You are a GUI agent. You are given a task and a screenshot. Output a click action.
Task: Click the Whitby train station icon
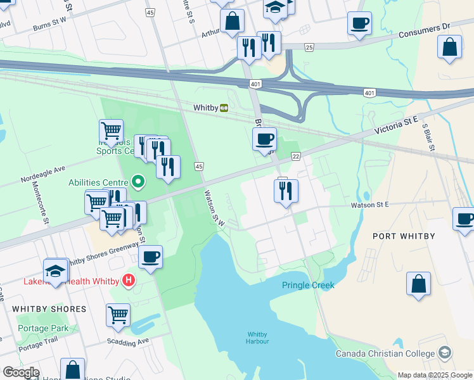(x=224, y=108)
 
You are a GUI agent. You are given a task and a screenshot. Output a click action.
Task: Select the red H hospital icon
(x=129, y=280)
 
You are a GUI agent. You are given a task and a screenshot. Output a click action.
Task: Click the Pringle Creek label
(x=308, y=286)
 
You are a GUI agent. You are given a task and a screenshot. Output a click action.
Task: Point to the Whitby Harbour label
(x=258, y=338)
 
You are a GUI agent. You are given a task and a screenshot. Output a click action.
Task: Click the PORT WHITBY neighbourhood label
(x=404, y=236)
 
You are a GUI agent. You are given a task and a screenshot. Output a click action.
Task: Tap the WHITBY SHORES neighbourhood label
(x=49, y=309)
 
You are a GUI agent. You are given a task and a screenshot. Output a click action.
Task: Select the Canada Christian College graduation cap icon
(x=445, y=352)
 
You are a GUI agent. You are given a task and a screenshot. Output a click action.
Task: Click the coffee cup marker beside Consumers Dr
(x=359, y=23)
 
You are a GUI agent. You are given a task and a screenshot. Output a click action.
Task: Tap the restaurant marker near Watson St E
(x=286, y=190)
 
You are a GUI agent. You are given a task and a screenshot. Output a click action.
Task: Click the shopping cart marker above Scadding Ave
(x=118, y=315)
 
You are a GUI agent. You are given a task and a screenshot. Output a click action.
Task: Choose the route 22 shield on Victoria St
(x=296, y=156)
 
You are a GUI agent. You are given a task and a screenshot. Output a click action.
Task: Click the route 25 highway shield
(x=309, y=47)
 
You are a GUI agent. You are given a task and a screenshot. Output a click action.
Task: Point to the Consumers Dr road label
(x=424, y=29)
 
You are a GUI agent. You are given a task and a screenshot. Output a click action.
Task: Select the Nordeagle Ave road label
(x=43, y=170)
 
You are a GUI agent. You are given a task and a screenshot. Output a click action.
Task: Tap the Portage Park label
(x=42, y=329)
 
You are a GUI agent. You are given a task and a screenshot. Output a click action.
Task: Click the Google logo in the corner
(x=21, y=372)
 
